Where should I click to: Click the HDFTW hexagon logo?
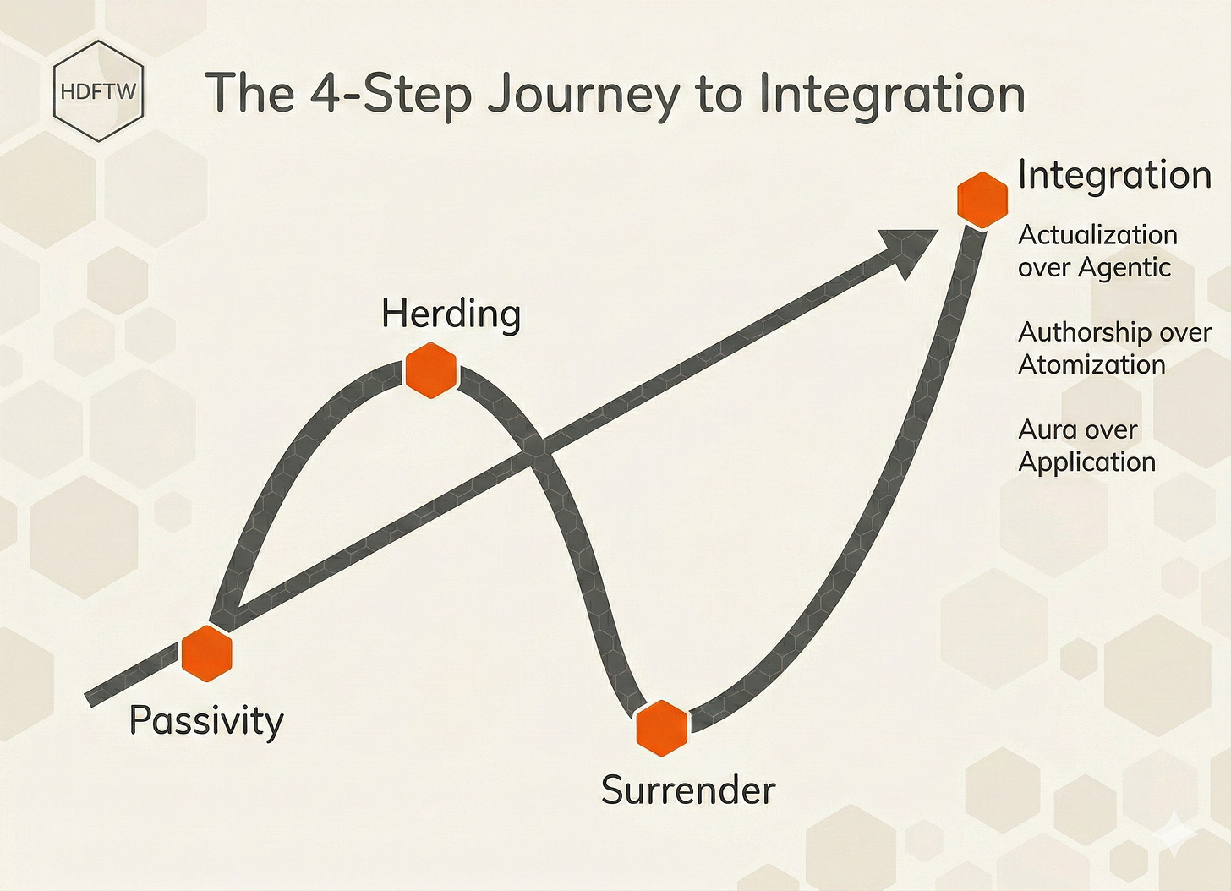pyautogui.click(x=98, y=91)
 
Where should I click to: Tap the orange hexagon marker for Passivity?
pyautogui.click(x=206, y=653)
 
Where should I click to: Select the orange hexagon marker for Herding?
pyautogui.click(x=431, y=370)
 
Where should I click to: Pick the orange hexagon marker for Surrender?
pyautogui.click(x=662, y=727)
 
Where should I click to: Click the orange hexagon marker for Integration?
pyautogui.click(x=982, y=200)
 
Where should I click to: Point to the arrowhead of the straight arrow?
pyautogui.click(x=908, y=249)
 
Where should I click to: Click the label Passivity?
pyautogui.click(x=206, y=721)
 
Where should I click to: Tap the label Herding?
pyautogui.click(x=451, y=314)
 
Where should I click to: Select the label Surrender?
pyautogui.click(x=687, y=790)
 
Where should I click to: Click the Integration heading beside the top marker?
pyautogui.click(x=1114, y=175)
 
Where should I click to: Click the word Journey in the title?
pyautogui.click(x=584, y=95)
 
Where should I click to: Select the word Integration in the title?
pyautogui.click(x=892, y=95)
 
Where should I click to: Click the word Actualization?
pyautogui.click(x=1097, y=235)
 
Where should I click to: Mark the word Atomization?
pyautogui.click(x=1091, y=364)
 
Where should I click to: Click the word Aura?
pyautogui.click(x=1046, y=429)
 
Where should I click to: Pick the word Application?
pyautogui.click(x=1086, y=462)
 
